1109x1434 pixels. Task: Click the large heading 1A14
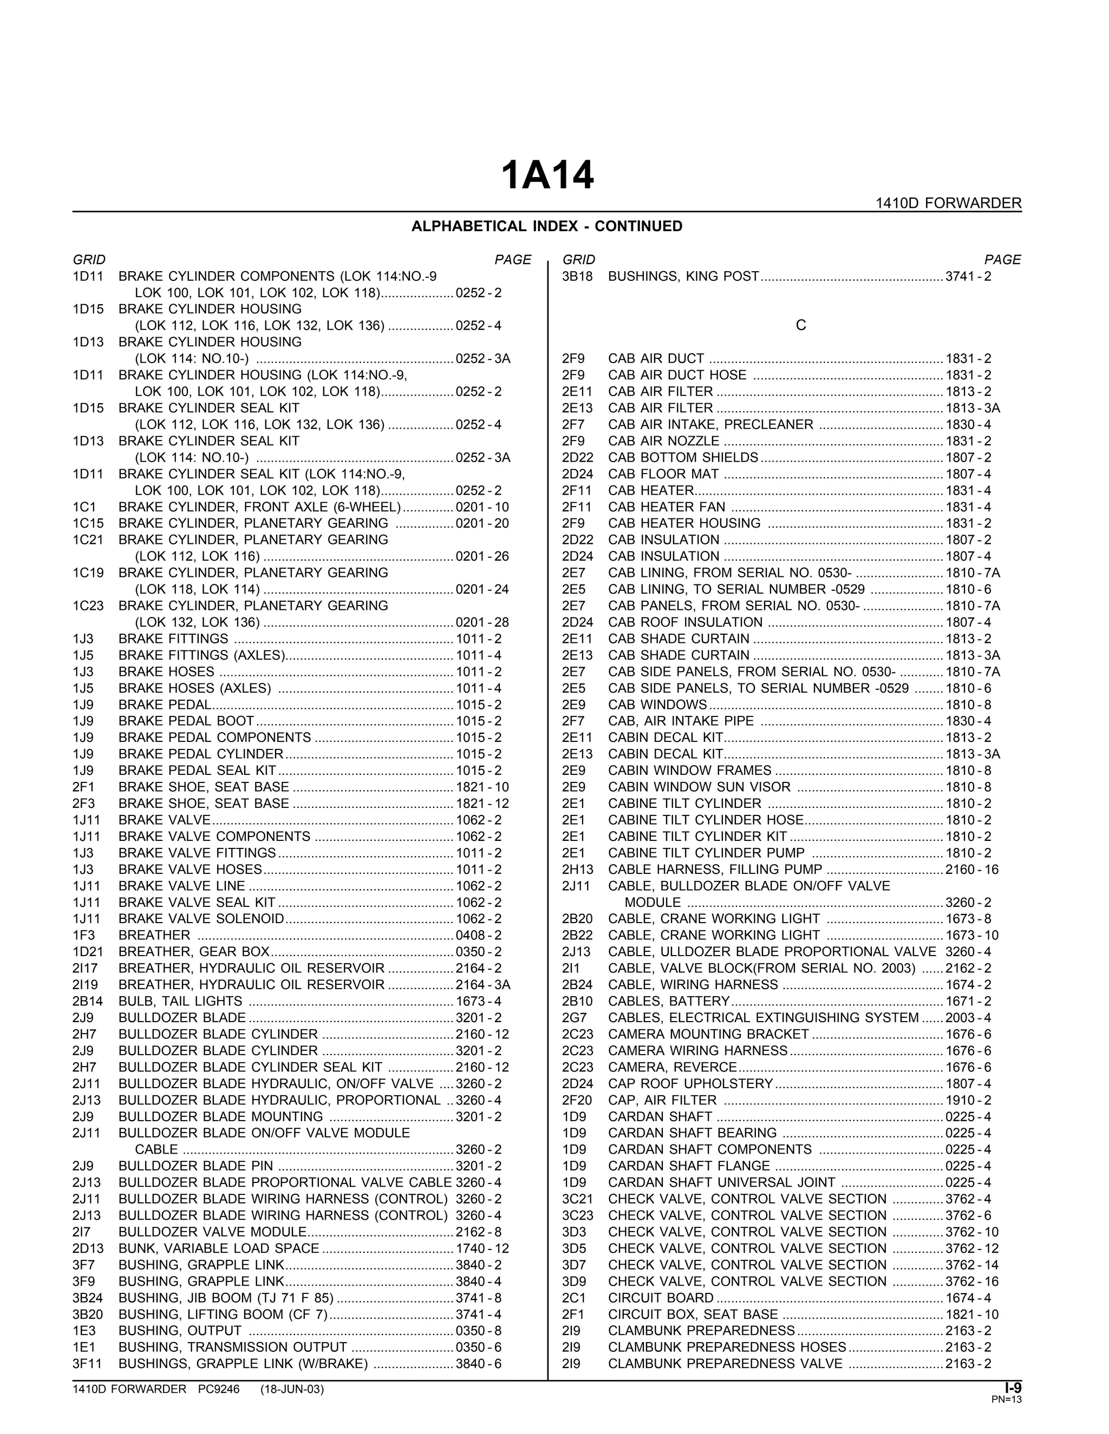click(x=547, y=176)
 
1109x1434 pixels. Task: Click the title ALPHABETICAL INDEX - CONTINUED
click(x=546, y=227)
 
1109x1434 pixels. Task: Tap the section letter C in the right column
click(x=800, y=326)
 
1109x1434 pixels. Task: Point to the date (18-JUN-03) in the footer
click(x=292, y=1389)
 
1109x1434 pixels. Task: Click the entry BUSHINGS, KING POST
click(x=683, y=277)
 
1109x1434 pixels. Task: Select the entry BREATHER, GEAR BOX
click(x=194, y=952)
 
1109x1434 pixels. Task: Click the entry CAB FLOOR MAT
click(x=663, y=474)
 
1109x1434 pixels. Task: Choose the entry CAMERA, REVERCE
click(x=672, y=1068)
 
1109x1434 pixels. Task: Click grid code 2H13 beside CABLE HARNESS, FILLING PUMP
click(x=577, y=870)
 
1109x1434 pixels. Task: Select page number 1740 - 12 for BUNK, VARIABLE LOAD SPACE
click(x=482, y=1248)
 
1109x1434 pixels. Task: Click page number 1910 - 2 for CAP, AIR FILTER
click(x=968, y=1101)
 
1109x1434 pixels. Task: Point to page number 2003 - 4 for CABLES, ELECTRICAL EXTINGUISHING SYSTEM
click(x=968, y=1018)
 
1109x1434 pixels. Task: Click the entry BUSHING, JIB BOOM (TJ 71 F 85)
click(x=226, y=1298)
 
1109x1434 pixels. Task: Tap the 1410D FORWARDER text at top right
click(x=948, y=203)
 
